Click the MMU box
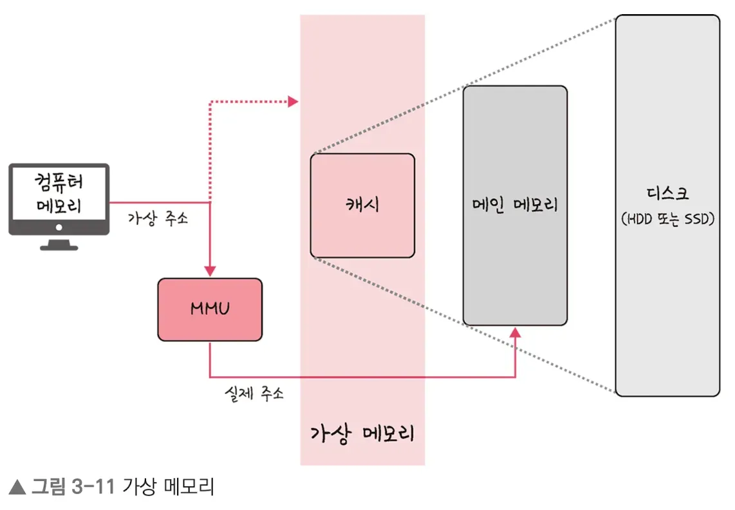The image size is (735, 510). (x=210, y=309)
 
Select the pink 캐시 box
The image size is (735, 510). (x=362, y=205)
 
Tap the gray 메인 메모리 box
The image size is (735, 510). (x=515, y=205)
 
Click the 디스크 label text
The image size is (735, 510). (x=667, y=194)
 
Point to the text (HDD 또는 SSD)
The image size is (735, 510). (x=667, y=220)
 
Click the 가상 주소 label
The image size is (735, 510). (x=158, y=218)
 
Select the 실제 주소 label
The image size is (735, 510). (x=254, y=393)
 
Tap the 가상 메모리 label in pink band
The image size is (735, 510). (x=362, y=433)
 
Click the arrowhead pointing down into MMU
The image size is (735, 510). (x=210, y=272)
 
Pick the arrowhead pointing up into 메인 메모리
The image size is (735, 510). (x=515, y=332)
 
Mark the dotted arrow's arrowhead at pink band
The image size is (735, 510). (x=293, y=101)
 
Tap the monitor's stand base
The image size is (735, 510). (x=59, y=246)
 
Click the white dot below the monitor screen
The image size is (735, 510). (x=59, y=227)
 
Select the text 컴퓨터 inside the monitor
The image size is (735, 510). (x=59, y=182)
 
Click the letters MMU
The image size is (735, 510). (x=210, y=309)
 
